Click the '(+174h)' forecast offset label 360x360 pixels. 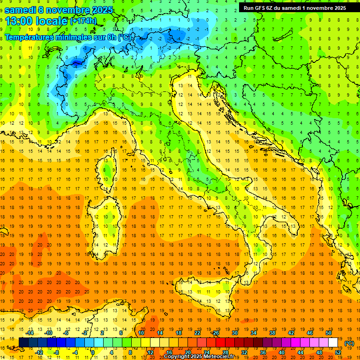(83, 21)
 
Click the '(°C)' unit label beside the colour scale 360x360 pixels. (349, 343)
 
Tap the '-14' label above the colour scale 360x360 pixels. (30, 333)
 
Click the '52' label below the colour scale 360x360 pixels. (337, 352)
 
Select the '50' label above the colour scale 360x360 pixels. (328, 333)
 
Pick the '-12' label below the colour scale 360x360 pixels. (39, 352)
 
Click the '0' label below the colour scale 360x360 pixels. (93, 352)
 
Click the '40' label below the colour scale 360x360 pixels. (282, 352)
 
